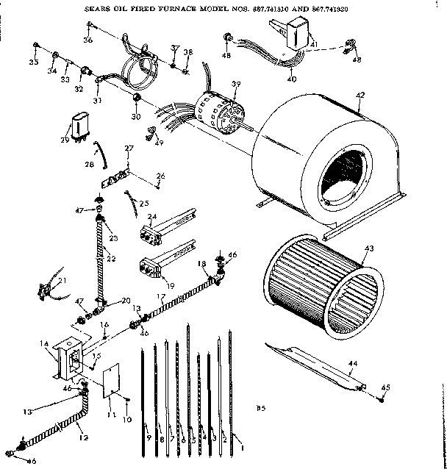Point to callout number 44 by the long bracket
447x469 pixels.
(x=352, y=363)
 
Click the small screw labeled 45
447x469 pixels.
(x=382, y=399)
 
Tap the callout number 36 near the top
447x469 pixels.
(x=88, y=40)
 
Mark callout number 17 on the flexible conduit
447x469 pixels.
(x=160, y=296)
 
